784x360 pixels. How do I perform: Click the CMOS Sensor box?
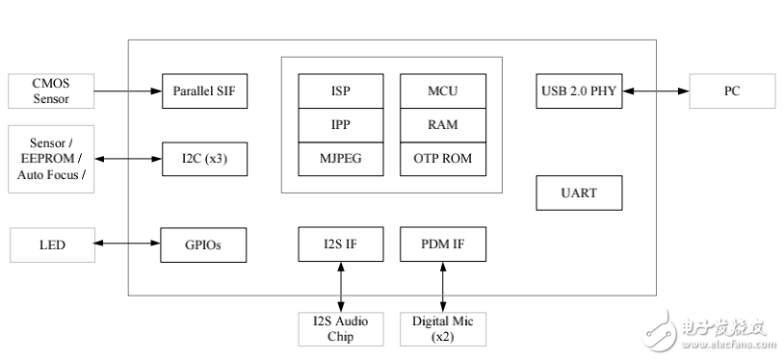tap(51, 91)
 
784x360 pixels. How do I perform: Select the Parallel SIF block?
tap(204, 91)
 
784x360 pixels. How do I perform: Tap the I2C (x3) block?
tap(204, 159)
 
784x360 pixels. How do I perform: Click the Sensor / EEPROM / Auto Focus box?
tap(51, 159)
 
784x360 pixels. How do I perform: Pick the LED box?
tap(51, 244)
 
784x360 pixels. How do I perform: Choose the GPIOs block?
tap(204, 244)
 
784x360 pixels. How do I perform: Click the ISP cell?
tap(341, 91)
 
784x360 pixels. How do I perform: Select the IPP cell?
tap(341, 124)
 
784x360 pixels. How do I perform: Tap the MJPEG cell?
tap(341, 158)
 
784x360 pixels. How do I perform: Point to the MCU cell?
tap(442, 91)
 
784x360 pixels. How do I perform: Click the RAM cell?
tap(442, 124)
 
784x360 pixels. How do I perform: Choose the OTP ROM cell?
tap(442, 158)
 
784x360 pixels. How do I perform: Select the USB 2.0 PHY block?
tap(578, 91)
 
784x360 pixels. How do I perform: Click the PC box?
tap(732, 91)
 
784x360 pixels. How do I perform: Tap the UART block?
tap(578, 193)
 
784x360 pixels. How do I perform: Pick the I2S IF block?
tap(341, 244)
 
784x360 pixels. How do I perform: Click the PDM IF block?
tap(442, 244)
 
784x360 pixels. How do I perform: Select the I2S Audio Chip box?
tap(341, 328)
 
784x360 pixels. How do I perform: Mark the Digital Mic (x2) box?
tap(442, 328)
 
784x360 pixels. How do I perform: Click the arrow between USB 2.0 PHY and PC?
tap(655, 91)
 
